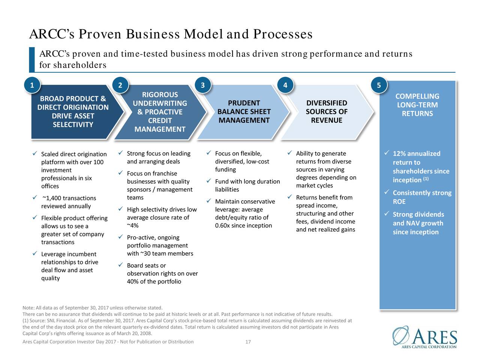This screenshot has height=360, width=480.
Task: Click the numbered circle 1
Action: coord(32,85)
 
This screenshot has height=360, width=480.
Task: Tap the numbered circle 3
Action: coord(202,85)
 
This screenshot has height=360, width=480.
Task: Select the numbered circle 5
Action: coord(379,85)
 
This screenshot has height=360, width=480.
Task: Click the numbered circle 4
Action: coord(285,85)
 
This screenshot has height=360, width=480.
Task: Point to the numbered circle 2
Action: coord(120,85)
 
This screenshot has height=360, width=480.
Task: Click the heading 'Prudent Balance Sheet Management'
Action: coord(244,112)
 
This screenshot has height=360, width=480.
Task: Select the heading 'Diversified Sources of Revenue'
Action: coord(326,112)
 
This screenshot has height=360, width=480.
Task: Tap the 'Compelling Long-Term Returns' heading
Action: coord(417,105)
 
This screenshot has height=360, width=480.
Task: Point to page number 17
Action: coord(247,342)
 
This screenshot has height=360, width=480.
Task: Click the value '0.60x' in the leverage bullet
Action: coord(223,226)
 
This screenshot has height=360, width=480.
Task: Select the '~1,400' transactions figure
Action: coord(52,198)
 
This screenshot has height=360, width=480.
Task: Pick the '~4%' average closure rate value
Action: coord(132,226)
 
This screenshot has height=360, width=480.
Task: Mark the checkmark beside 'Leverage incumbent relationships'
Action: coord(34,254)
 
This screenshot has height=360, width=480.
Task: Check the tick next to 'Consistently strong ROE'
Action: coord(387,192)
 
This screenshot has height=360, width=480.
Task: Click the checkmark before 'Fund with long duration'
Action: coord(208,181)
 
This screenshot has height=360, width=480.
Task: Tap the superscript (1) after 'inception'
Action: coord(426,178)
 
